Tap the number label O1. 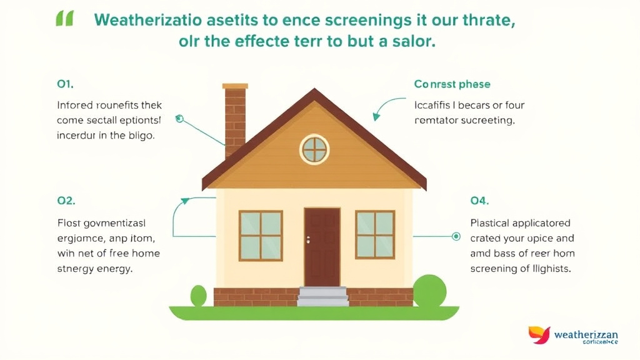[66, 84]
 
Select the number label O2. [66, 201]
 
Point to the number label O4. [479, 201]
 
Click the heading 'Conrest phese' [452, 84]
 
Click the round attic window [314, 149]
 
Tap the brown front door [322, 246]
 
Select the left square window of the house [261, 235]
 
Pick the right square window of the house [375, 234]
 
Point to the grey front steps [322, 296]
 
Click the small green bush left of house [199, 296]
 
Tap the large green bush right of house [429, 291]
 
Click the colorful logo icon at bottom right [539, 335]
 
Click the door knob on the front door [309, 240]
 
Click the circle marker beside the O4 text [456, 236]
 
